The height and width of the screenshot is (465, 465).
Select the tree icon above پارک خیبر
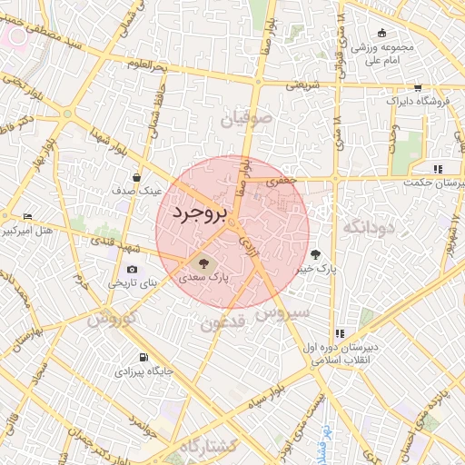click(316, 254)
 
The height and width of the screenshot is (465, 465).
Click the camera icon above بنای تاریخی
click(134, 270)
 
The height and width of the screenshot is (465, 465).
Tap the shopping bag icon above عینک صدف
click(135, 177)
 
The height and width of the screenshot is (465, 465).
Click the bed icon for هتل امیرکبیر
click(26, 216)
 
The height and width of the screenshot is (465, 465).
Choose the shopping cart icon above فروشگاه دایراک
click(418, 88)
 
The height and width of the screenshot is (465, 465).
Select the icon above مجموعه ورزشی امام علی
click(382, 33)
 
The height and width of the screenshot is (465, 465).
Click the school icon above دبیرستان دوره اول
click(341, 333)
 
